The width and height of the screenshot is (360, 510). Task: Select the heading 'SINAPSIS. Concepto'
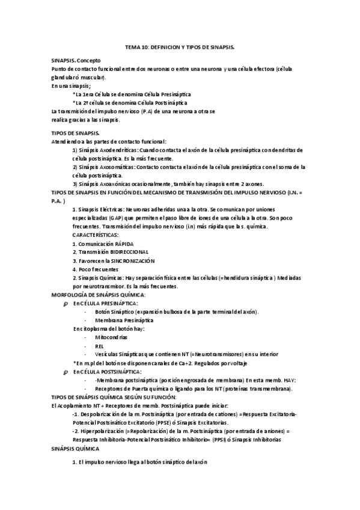click(76, 61)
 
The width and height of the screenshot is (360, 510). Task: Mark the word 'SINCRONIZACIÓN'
click(132, 261)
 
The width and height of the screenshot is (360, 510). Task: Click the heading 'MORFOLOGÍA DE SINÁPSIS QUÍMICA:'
click(99, 295)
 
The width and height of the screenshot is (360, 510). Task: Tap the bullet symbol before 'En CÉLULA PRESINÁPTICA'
click(66, 304)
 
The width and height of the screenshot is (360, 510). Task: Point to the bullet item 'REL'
click(99, 346)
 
